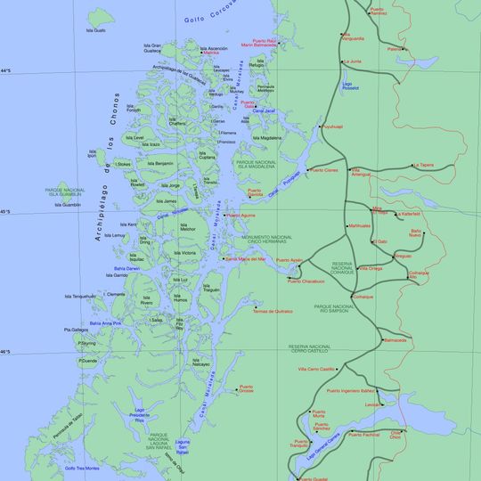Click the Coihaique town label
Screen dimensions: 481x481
(x=363, y=297)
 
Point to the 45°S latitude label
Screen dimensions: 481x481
(x=6, y=212)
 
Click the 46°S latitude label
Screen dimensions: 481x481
(x=6, y=352)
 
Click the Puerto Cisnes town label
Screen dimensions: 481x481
(x=323, y=169)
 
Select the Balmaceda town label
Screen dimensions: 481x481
(x=395, y=339)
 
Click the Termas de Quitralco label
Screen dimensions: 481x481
(x=273, y=311)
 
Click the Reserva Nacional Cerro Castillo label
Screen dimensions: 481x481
(x=309, y=348)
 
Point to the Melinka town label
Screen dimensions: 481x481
(x=211, y=53)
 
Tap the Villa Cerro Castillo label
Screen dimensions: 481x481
(x=315, y=368)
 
